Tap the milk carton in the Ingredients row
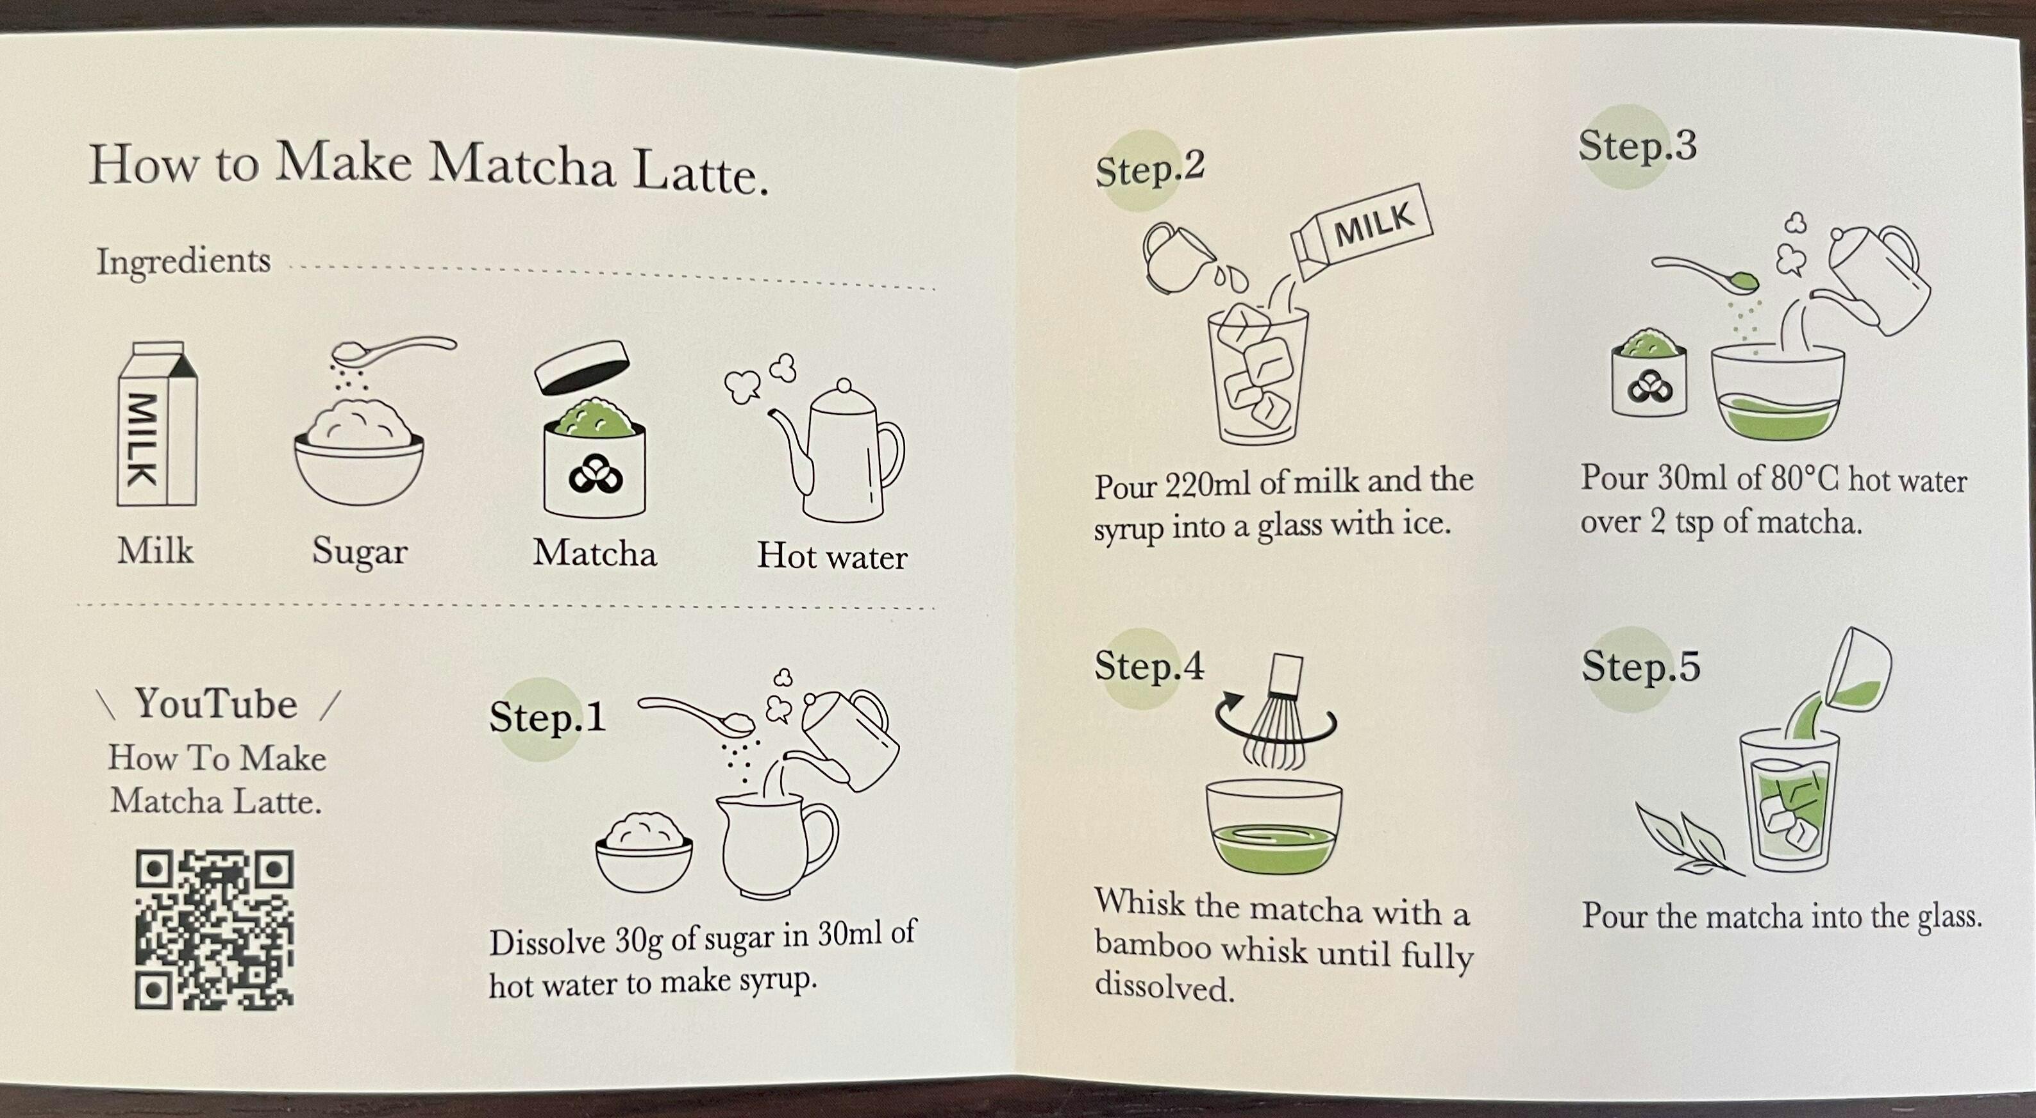[x=156, y=424]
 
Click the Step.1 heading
[x=547, y=717]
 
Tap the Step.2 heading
[x=1149, y=169]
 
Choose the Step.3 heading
[x=1638, y=146]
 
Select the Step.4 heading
[x=1148, y=665]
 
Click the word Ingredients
[x=183, y=261]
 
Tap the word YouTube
[x=216, y=703]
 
